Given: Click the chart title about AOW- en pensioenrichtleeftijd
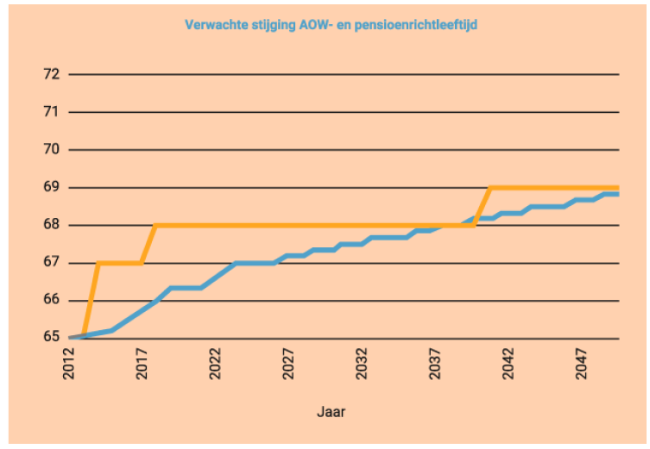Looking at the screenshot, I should pyautogui.click(x=331, y=25).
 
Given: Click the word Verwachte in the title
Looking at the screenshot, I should pyautogui.click(x=212, y=25).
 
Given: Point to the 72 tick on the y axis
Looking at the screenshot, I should pyautogui.click(x=52, y=74).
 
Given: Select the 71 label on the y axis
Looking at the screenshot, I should pyautogui.click(x=52, y=112).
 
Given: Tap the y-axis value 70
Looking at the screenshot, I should pyautogui.click(x=52, y=150).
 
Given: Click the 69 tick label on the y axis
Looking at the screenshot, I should pyautogui.click(x=52, y=187).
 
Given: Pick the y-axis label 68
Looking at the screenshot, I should pyautogui.click(x=52, y=225).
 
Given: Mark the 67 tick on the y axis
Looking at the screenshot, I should pyautogui.click(x=52, y=263).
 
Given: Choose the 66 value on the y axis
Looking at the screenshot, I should pyautogui.click(x=52, y=301).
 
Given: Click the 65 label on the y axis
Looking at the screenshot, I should pyautogui.click(x=52, y=338).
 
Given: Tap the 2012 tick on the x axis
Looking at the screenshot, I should pyautogui.click(x=71, y=363).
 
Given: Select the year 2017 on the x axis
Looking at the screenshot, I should pyautogui.click(x=143, y=363).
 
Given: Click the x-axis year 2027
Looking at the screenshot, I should pyautogui.click(x=289, y=363).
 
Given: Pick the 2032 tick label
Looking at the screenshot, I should pyautogui.click(x=362, y=363).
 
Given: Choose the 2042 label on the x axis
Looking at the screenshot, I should pyautogui.click(x=508, y=363).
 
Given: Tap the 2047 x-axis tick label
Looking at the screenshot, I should pyautogui.click(x=580, y=363).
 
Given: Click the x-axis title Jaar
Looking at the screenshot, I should pyautogui.click(x=331, y=412).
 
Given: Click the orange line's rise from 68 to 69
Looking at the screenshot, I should pyautogui.click(x=483, y=207).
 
